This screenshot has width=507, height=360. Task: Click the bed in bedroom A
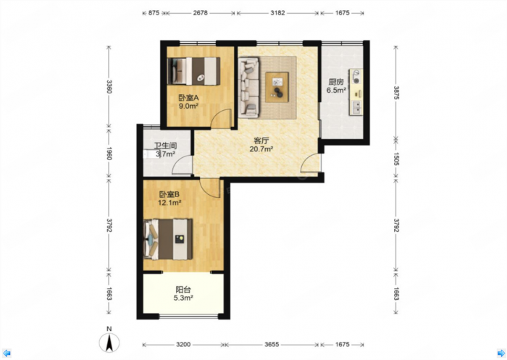click(193, 71)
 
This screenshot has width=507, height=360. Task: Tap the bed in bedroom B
click(168, 239)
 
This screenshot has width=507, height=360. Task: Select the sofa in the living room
click(249, 88)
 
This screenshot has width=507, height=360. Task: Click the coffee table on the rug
click(277, 87)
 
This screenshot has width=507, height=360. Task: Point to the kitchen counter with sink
click(356, 92)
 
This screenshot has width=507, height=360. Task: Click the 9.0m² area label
click(188, 106)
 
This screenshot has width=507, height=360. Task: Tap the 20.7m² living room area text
click(261, 148)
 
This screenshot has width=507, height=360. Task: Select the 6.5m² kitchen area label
click(336, 91)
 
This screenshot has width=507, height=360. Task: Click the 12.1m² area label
click(169, 203)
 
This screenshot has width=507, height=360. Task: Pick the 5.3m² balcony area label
click(183, 298)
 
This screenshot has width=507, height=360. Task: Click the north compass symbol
click(109, 340)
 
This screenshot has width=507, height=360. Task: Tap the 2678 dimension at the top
click(200, 13)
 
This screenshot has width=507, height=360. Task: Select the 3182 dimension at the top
click(277, 13)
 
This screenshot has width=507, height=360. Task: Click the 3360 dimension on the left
click(109, 86)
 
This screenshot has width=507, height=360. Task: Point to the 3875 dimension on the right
click(396, 92)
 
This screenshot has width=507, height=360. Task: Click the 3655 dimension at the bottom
click(272, 345)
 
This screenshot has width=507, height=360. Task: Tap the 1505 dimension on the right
click(396, 159)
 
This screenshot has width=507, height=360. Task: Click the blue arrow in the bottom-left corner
click(7, 353)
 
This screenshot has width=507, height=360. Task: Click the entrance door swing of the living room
click(311, 163)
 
